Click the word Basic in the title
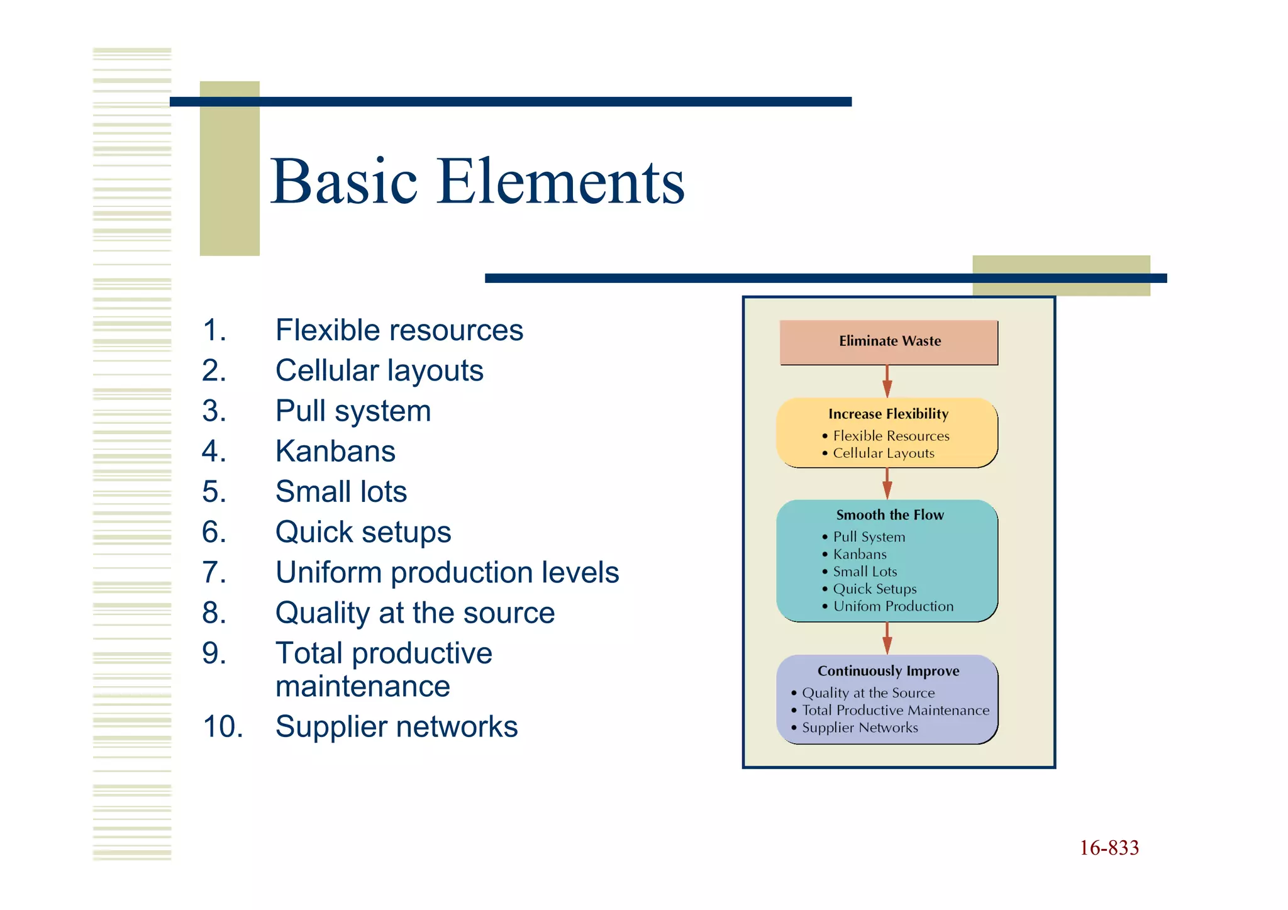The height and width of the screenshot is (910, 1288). (343, 182)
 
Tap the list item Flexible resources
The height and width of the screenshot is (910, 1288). (399, 331)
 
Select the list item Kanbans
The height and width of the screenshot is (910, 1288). (335, 452)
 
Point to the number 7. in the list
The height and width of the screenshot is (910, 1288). (214, 573)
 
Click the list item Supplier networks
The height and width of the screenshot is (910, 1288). (396, 727)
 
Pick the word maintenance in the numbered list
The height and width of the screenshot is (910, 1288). (362, 687)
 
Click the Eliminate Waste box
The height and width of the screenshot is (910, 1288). (889, 341)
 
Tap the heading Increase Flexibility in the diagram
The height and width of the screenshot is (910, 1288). (888, 414)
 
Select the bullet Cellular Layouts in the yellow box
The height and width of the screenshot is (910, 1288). (883, 453)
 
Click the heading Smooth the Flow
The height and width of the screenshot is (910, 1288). (889, 515)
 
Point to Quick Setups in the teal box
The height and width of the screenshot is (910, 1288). (874, 589)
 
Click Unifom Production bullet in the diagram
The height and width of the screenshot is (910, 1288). (892, 607)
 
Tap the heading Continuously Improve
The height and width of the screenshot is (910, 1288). (888, 671)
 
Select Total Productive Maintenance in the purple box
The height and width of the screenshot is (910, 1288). (895, 711)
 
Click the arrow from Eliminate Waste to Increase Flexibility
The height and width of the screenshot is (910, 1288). (887, 381)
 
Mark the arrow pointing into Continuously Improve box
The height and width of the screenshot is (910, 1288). (887, 638)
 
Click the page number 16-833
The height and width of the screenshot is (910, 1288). (1109, 848)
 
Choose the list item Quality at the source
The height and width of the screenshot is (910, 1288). (414, 613)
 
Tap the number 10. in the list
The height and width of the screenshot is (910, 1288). (222, 727)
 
